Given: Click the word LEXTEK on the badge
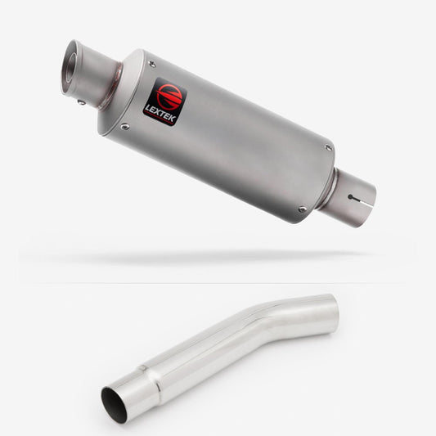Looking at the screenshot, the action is pyautogui.click(x=160, y=113).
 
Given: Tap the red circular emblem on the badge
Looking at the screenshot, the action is pyautogui.click(x=169, y=95).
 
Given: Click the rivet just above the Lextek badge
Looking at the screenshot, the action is pyautogui.click(x=152, y=64).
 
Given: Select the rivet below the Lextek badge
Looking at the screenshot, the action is pyautogui.click(x=125, y=127).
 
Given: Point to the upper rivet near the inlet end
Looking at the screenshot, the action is pyautogui.click(x=328, y=147).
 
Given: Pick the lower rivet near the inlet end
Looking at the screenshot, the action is pyautogui.click(x=302, y=209).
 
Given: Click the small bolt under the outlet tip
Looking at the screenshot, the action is pyautogui.click(x=81, y=102).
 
